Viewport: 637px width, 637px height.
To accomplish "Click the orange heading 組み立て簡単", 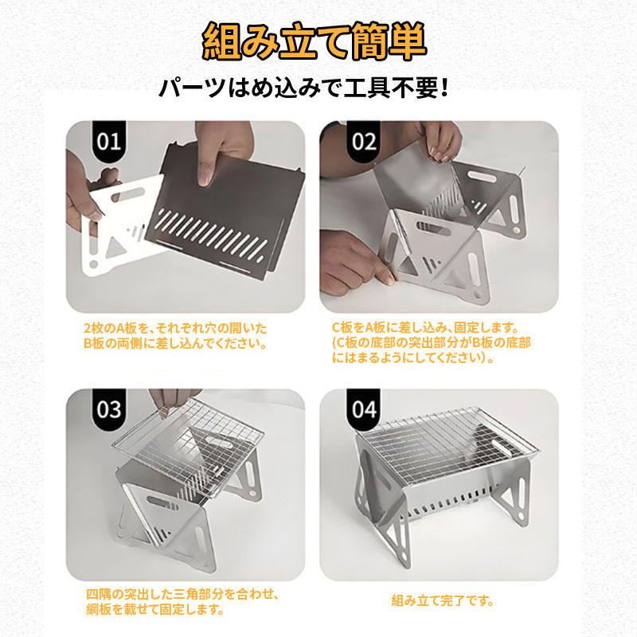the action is pyautogui.click(x=314, y=41).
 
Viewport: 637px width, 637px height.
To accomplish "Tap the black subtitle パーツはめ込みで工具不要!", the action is pyautogui.click(x=304, y=88).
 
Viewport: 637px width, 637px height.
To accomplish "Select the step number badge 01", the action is pyautogui.click(x=109, y=141).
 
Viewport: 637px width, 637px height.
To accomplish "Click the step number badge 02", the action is pyautogui.click(x=363, y=141).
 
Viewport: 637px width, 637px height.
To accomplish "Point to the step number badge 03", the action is pyautogui.click(x=109, y=409).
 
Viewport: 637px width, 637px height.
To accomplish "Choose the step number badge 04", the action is pyautogui.click(x=363, y=409).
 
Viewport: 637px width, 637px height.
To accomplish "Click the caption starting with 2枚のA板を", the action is pyautogui.click(x=175, y=335).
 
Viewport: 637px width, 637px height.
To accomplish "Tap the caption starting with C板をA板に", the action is pyautogui.click(x=431, y=342).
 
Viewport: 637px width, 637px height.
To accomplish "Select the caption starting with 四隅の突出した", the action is pyautogui.click(x=183, y=602).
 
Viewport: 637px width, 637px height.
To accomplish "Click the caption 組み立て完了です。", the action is pyautogui.click(x=443, y=600).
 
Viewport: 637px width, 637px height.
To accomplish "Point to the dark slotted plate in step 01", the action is pyautogui.click(x=228, y=211).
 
